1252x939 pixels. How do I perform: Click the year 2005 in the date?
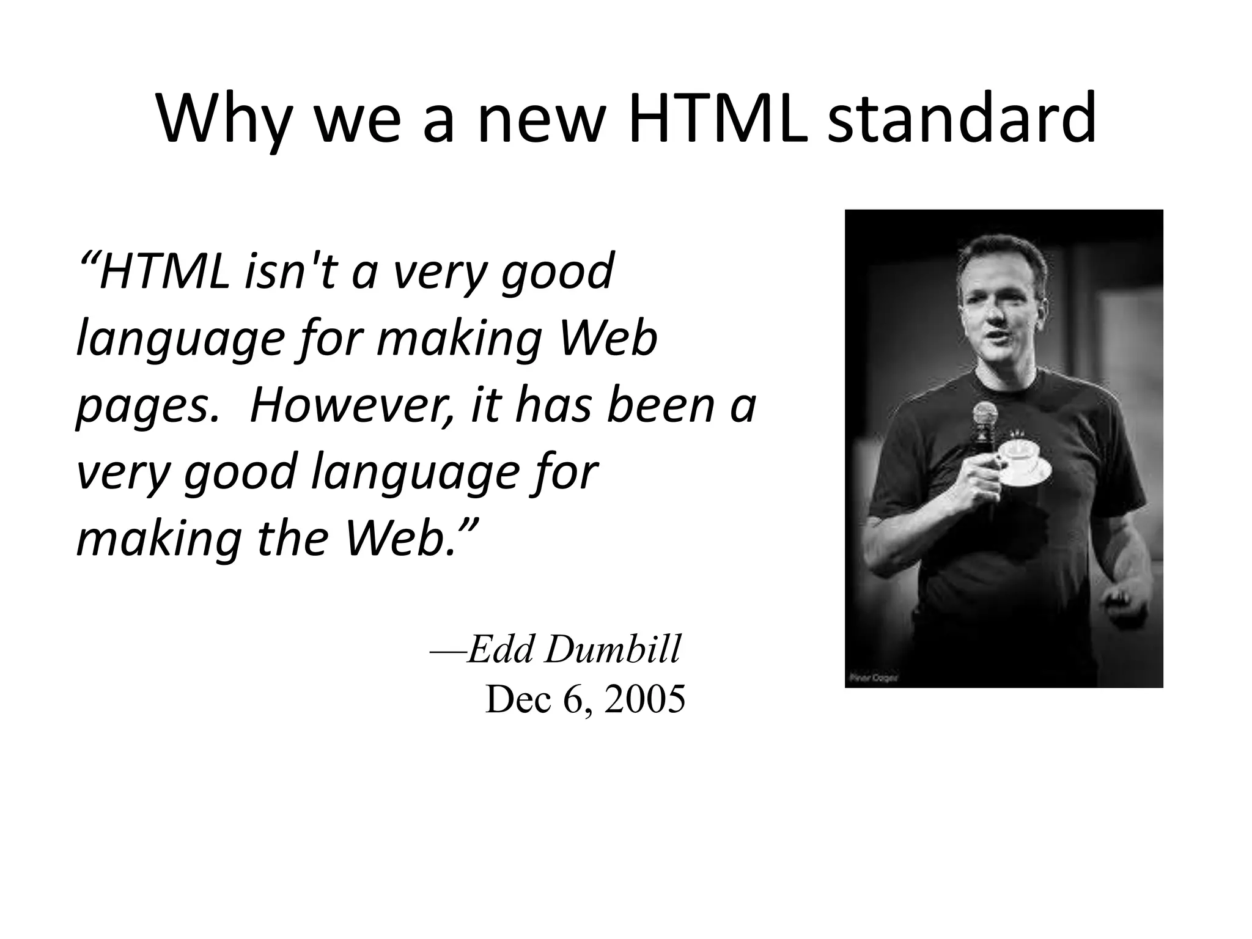coord(644,699)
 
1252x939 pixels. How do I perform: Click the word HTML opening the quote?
coord(164,272)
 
